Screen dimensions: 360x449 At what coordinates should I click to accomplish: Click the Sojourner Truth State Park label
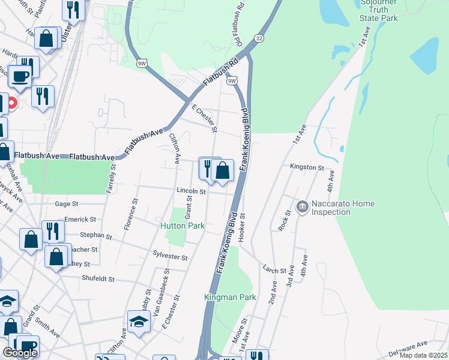(379, 10)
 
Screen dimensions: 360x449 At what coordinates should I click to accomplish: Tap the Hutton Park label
(182, 226)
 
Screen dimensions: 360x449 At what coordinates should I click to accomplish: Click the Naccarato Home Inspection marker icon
(302, 207)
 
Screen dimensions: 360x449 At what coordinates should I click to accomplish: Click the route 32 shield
(258, 38)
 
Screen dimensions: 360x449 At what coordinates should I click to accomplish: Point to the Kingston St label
(307, 167)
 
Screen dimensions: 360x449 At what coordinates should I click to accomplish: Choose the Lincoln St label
(191, 192)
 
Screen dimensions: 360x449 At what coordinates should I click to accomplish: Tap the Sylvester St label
(170, 256)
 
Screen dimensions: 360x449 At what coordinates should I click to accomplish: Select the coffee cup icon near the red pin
(20, 77)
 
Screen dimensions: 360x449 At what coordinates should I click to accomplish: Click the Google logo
(20, 353)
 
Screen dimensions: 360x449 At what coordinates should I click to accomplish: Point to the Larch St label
(274, 271)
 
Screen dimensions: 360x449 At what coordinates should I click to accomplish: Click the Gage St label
(67, 204)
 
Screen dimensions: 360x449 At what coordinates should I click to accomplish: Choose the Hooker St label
(243, 227)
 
